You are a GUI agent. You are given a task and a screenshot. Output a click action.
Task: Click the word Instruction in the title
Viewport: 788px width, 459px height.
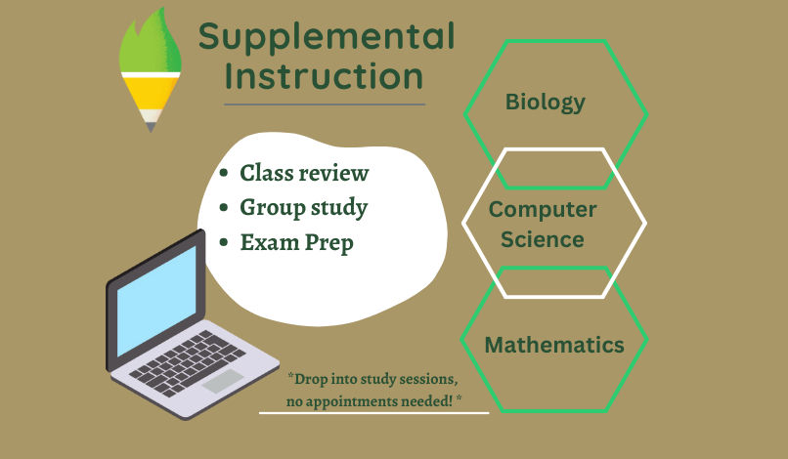[325, 76]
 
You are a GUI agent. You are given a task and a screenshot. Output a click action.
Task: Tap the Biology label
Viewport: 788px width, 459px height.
[546, 103]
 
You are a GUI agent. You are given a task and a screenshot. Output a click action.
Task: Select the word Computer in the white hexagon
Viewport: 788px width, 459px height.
[543, 210]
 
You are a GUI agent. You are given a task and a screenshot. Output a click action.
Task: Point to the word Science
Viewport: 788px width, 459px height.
[543, 239]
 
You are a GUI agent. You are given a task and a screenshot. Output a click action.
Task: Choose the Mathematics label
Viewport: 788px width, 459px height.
[554, 345]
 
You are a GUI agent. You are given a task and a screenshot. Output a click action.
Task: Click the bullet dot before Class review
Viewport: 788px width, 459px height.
[224, 173]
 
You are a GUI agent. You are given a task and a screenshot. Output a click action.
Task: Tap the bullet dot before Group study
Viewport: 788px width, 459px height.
[224, 207]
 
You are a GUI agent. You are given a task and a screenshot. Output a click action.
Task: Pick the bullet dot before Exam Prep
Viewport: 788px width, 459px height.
[224, 242]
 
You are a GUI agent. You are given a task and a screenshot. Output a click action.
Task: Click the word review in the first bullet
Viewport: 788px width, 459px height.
[334, 174]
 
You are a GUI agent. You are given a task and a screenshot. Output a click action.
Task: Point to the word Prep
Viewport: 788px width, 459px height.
[329, 243]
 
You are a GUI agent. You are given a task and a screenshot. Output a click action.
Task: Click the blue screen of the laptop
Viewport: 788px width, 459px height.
[156, 301]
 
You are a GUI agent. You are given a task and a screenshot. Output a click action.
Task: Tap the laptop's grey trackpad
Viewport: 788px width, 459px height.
[223, 381]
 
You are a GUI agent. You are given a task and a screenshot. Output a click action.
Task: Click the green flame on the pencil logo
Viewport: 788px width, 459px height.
[151, 41]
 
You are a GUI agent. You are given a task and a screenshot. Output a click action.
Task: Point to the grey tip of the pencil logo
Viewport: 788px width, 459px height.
[151, 128]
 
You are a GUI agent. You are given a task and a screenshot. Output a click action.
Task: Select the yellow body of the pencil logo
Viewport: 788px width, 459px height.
[151, 94]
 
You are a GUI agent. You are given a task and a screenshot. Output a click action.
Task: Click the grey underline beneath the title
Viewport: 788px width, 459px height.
[325, 104]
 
